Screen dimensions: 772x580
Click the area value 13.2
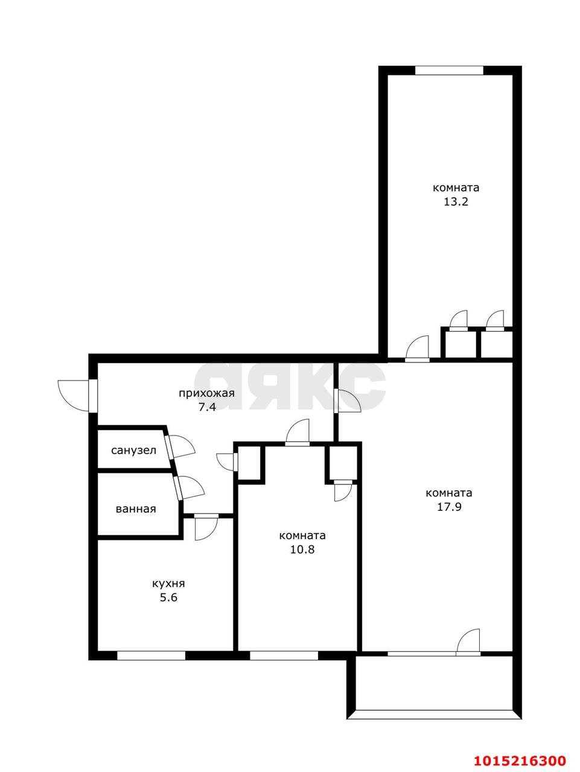click(456, 202)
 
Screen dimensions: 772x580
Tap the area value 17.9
click(449, 507)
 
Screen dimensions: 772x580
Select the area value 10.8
click(302, 549)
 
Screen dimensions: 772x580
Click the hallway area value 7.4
click(206, 407)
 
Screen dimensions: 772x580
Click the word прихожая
click(206, 394)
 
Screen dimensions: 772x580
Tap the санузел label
click(133, 450)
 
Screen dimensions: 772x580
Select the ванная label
click(136, 509)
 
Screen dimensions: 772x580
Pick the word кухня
click(168, 584)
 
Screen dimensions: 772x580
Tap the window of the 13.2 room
click(449, 71)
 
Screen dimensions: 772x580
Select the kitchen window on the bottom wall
click(151, 656)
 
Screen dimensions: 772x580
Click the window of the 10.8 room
click(284, 656)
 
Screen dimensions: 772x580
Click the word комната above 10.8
click(302, 536)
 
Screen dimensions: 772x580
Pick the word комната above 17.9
click(449, 493)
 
